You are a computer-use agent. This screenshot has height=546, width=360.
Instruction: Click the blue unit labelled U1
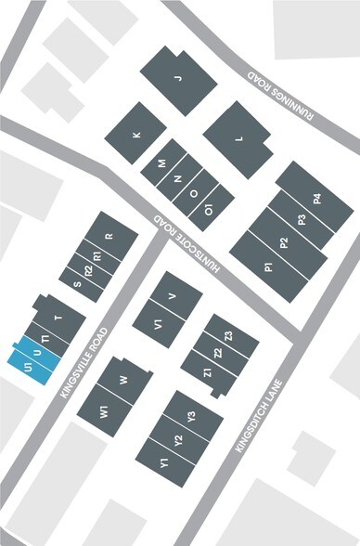coord(20,357)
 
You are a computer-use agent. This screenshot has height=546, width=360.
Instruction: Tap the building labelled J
coord(178,80)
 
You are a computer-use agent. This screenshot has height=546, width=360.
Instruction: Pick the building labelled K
coord(137,135)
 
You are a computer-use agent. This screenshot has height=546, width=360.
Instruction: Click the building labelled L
coord(238,139)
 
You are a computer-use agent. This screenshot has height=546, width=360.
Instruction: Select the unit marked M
coord(162,163)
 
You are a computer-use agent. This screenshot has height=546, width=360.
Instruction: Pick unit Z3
coord(227,335)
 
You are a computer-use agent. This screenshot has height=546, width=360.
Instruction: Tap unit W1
coord(105,409)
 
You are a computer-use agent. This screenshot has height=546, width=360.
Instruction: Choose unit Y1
coord(162,461)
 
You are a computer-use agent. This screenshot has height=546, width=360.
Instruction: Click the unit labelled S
coord(76,284)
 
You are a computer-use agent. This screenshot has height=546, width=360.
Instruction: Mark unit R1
coord(97,254)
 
